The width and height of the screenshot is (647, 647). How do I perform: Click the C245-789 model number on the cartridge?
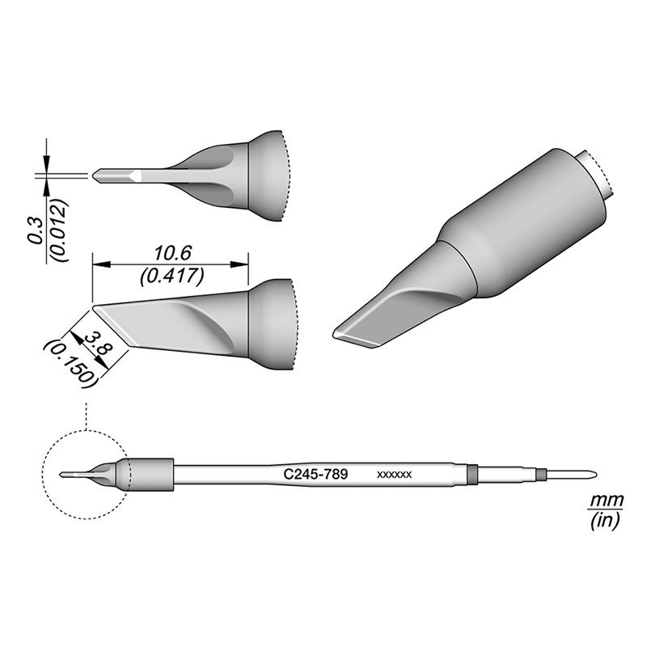pyautogui.click(x=315, y=475)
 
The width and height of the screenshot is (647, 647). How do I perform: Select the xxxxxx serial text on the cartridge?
pyautogui.click(x=395, y=476)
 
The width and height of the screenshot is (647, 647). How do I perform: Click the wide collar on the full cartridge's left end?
pyautogui.click(x=150, y=475)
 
